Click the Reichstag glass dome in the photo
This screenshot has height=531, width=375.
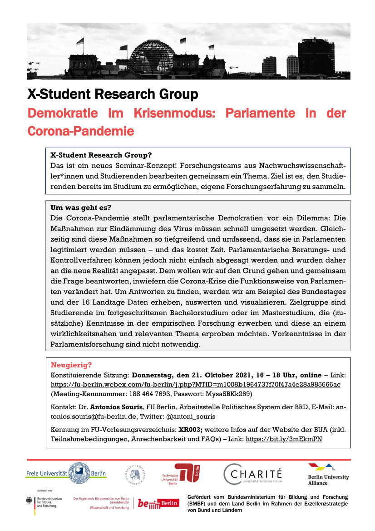pyautogui.click(x=152, y=55)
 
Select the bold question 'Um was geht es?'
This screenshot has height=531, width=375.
pyautogui.click(x=81, y=208)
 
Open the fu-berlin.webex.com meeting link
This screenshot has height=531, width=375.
pyautogui.click(x=195, y=384)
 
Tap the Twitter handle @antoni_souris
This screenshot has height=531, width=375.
pyautogui.click(x=191, y=416)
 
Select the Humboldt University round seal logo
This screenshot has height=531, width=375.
pyautogui.click(x=135, y=474)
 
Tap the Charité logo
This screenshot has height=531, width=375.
pyautogui.click(x=253, y=474)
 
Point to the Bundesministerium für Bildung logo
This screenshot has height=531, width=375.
pyautogui.click(x=41, y=503)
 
